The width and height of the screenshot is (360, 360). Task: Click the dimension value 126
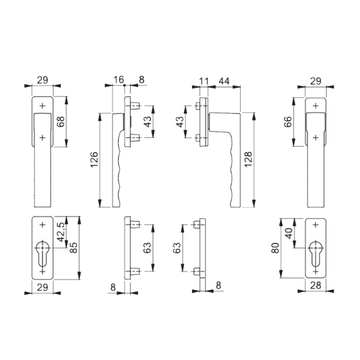point(94,160)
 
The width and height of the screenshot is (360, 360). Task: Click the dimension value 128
point(248,160)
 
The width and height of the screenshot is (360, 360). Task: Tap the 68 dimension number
point(61,121)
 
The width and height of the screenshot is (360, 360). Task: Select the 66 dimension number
point(287,122)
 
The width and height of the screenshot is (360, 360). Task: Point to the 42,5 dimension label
point(61,232)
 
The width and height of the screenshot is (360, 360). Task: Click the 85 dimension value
point(73,247)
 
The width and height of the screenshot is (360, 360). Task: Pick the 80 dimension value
point(275,248)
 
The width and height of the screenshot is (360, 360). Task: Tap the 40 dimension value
point(288,233)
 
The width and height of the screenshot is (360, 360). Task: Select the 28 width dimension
point(316,286)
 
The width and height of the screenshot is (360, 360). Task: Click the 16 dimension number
point(119,79)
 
